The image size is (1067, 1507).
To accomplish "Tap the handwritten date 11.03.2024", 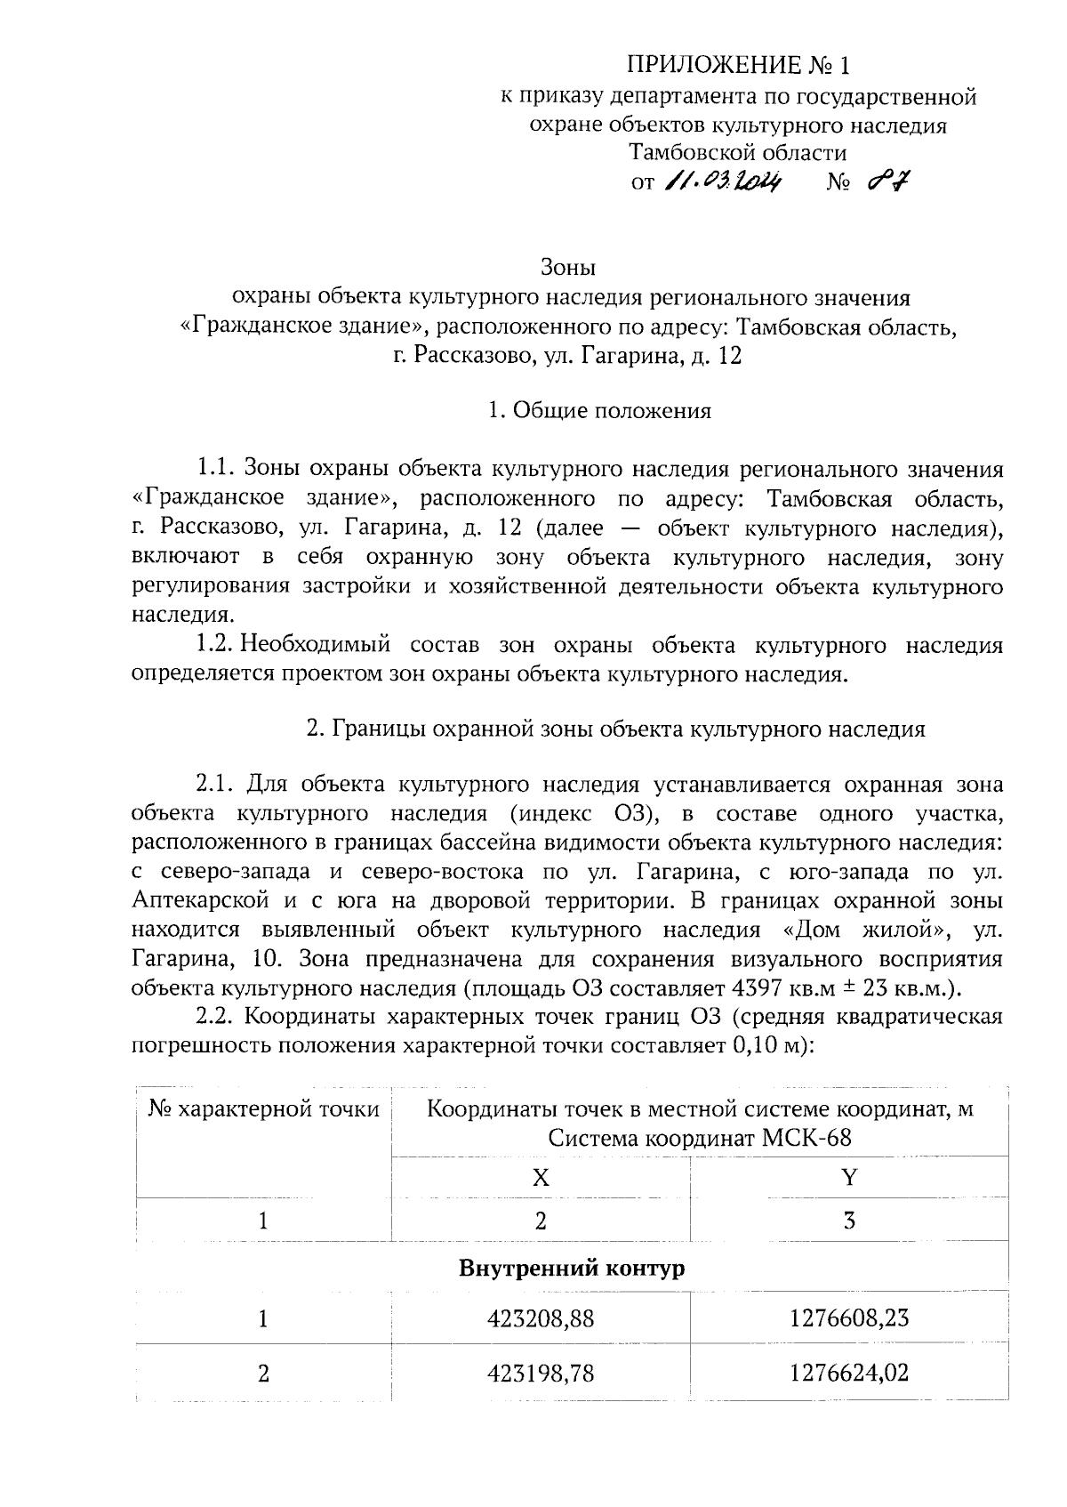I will (722, 182).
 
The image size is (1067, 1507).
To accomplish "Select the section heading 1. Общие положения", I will (600, 411).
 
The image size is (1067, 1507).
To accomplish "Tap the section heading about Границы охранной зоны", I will (615, 729).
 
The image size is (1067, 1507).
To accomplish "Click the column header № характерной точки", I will (263, 1109).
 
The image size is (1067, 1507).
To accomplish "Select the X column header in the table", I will (541, 1178).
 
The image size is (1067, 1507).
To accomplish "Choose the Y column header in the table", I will (849, 1178).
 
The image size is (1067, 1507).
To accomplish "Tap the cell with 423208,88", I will (541, 1319).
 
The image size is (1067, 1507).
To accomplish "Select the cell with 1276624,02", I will (849, 1374).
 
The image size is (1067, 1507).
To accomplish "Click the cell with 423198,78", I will (541, 1374).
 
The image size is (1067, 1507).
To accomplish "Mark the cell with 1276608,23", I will (849, 1319).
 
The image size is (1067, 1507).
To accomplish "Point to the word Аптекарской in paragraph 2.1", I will (200, 901).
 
